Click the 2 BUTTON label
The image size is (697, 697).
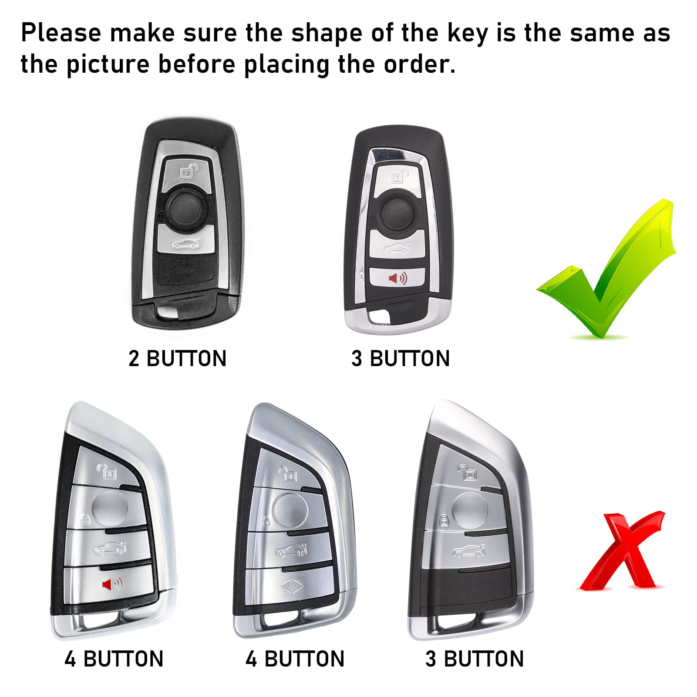pos(177,359)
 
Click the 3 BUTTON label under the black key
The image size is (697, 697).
pos(400,359)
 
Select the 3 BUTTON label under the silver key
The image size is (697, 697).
pos(474,659)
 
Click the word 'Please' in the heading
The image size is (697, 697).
pos(61,33)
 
